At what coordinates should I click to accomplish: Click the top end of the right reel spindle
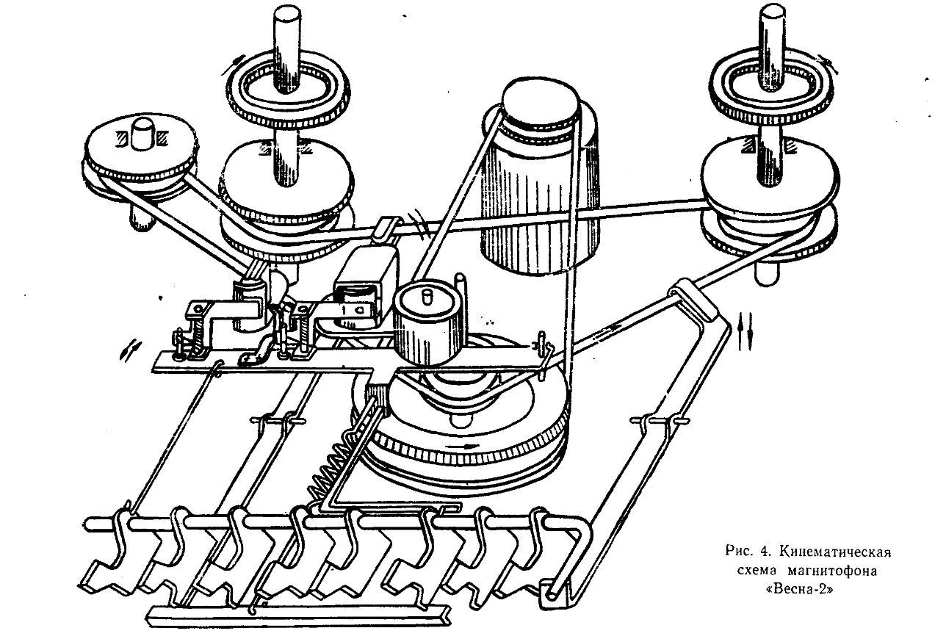pos(772,12)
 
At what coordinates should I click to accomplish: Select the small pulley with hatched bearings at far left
pos(140,154)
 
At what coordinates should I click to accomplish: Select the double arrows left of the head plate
pos(129,350)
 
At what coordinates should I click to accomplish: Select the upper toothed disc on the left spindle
pos(288,90)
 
